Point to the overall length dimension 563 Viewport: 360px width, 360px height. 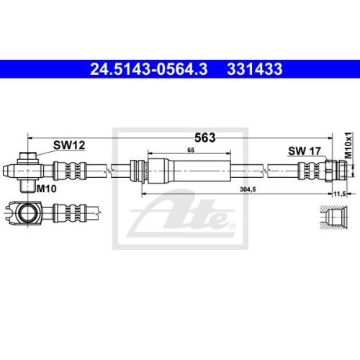204,138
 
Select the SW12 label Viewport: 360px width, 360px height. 70,145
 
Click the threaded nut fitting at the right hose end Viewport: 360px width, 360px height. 336,171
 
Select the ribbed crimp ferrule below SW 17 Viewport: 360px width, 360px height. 310,171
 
